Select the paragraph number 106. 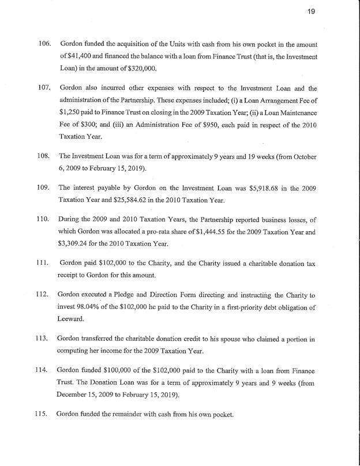pos(44,44)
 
